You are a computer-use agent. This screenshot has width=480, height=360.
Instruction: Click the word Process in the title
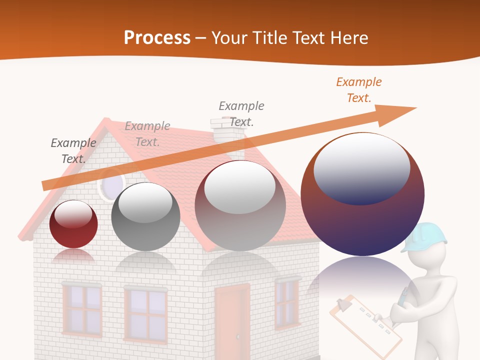point(157,37)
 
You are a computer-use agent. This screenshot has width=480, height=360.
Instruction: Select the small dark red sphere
point(73,224)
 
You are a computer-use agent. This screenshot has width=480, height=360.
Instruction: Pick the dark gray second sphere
point(145,217)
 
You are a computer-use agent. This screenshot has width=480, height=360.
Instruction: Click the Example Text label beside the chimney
point(241,113)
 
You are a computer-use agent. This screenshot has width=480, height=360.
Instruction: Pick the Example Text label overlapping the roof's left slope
point(147,134)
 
